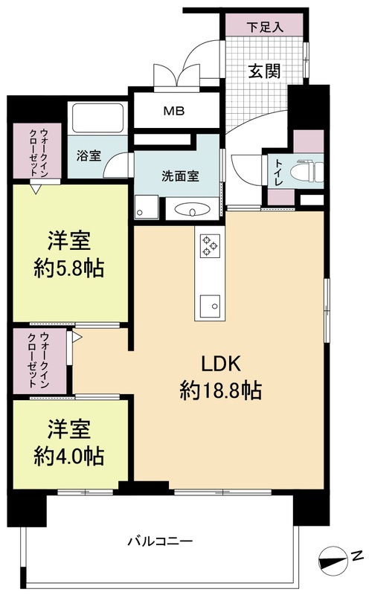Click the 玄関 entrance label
[264, 71]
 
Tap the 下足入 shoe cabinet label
[265, 27]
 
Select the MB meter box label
[174, 111]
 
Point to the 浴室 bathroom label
[89, 155]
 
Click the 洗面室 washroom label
[180, 176]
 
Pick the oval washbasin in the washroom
[192, 210]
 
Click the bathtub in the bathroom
[98, 118]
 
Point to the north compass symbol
[333, 560]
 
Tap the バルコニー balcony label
[160, 541]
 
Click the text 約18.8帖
[220, 390]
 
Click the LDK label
[221, 364]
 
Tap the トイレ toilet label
[279, 173]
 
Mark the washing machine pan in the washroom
[147, 207]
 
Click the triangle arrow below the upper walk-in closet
[35, 189]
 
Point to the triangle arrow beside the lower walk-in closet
[77, 337]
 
